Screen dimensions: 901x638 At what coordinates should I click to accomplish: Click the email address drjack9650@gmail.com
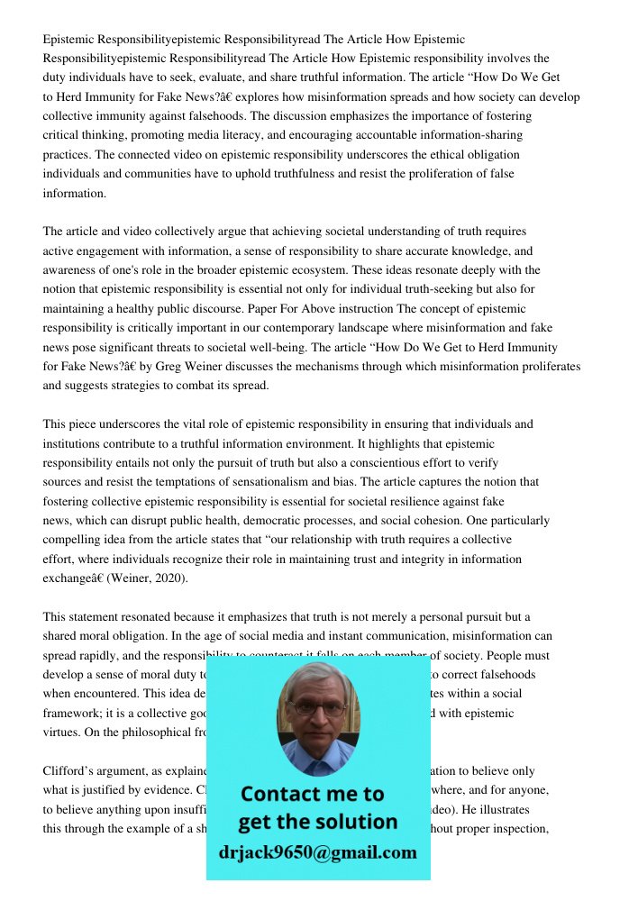317,851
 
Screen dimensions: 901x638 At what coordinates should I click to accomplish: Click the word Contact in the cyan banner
279,794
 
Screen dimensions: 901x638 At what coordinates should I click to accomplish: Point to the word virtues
61,733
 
